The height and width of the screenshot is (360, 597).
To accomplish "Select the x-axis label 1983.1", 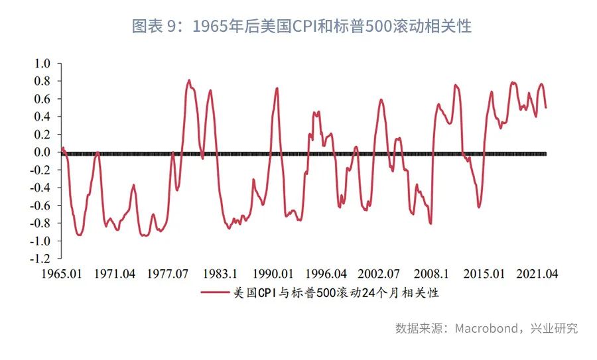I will [x=220, y=273].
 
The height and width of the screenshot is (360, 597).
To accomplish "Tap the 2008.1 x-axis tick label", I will [x=431, y=273].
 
